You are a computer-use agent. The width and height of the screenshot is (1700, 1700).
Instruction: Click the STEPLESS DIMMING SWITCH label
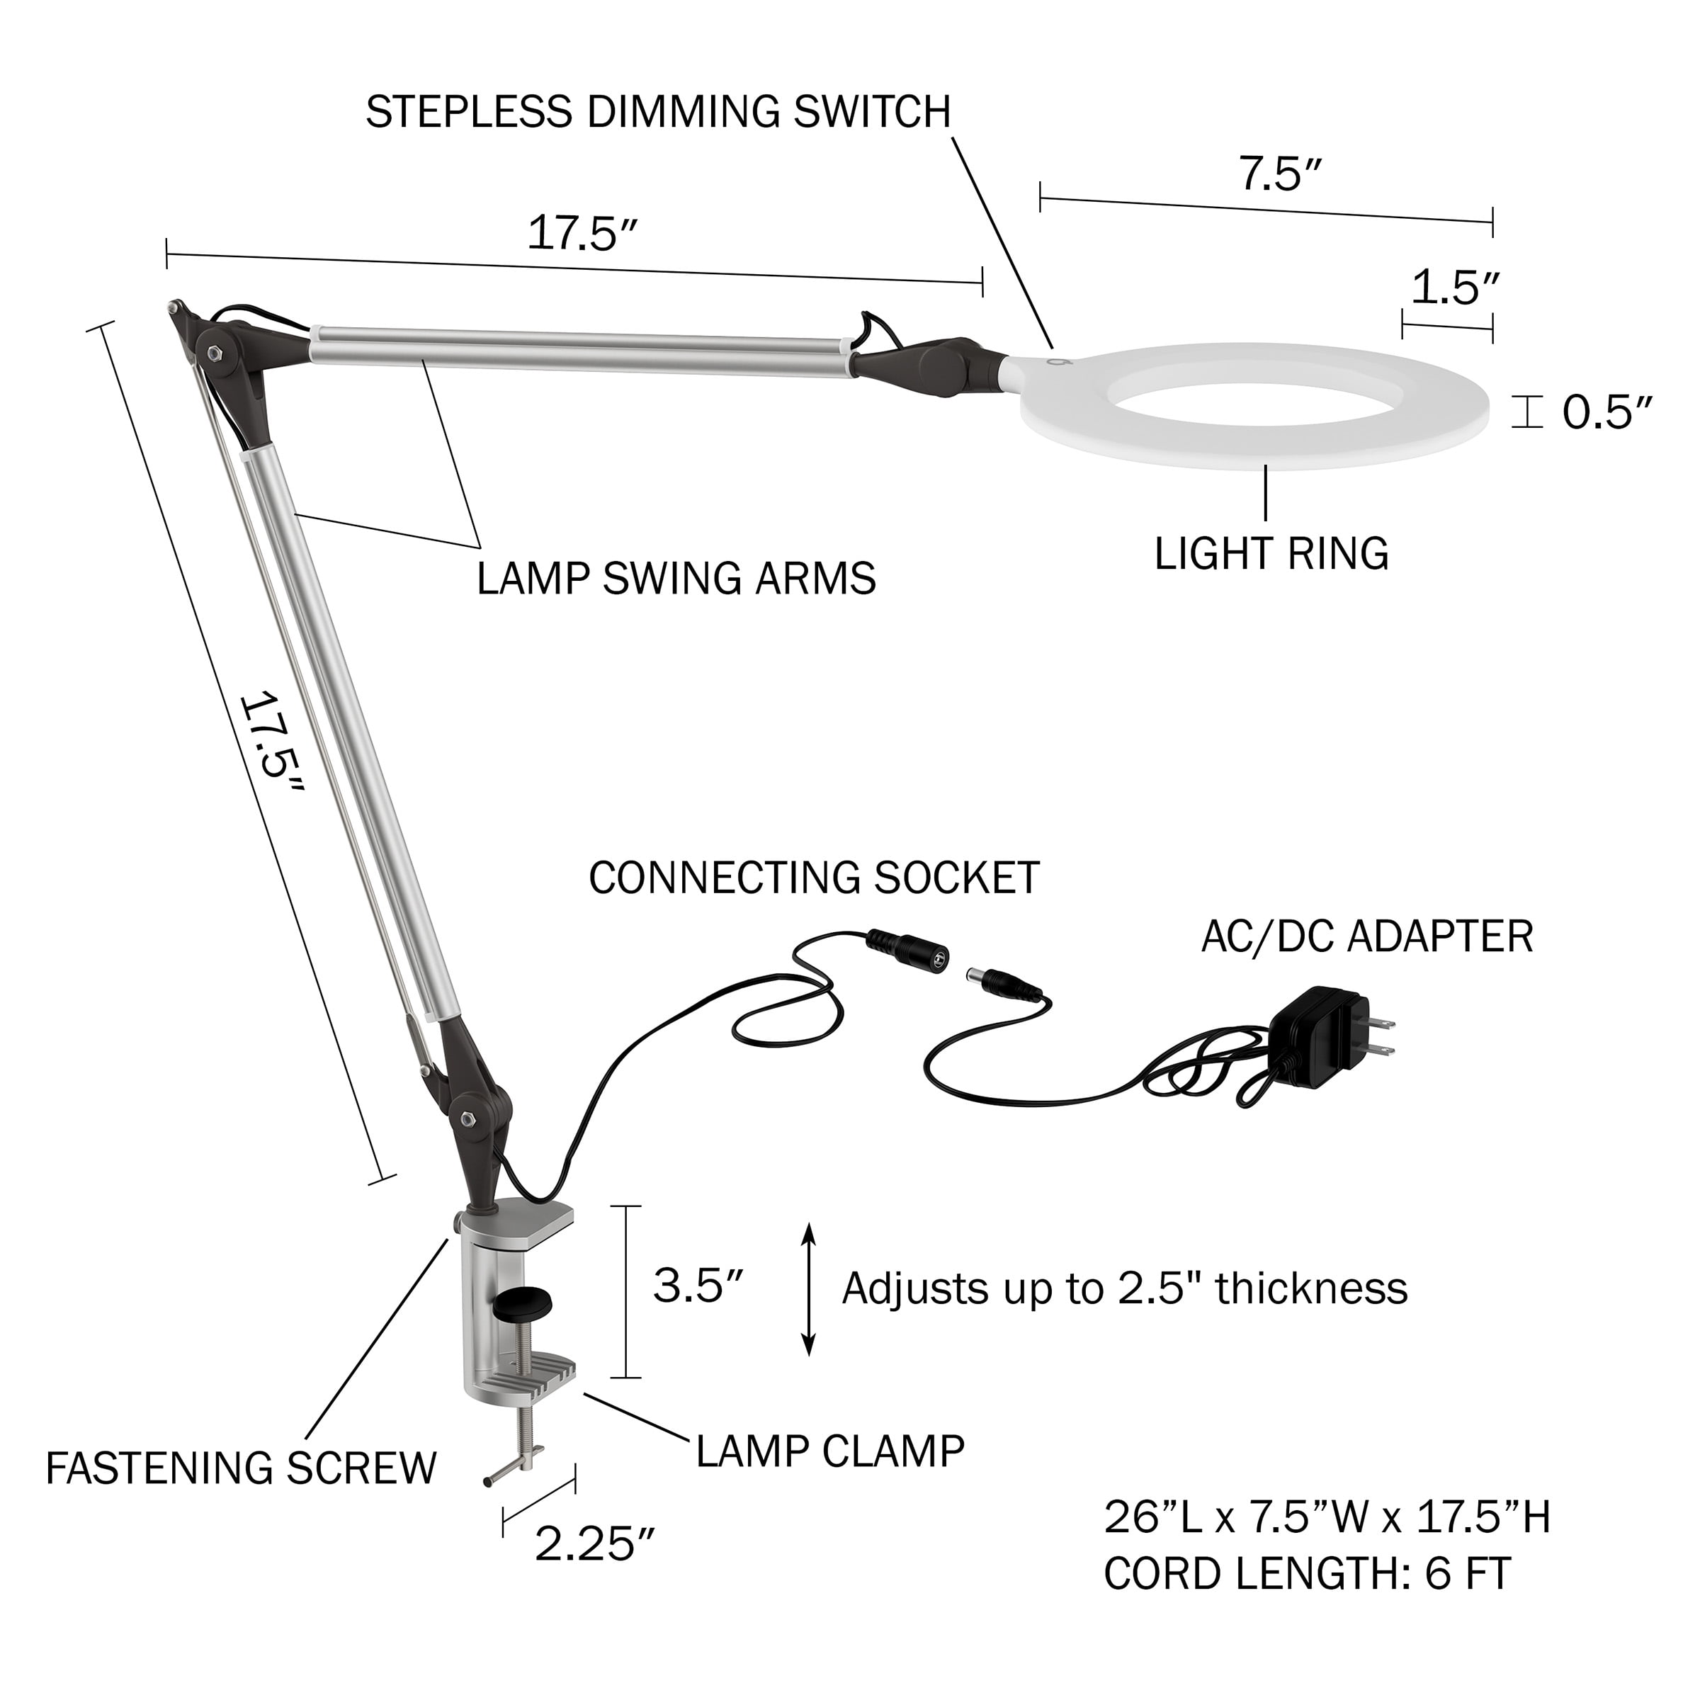point(658,112)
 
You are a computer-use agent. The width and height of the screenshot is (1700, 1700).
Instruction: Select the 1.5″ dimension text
point(1454,288)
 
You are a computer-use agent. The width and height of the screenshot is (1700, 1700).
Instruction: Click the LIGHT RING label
point(1271,553)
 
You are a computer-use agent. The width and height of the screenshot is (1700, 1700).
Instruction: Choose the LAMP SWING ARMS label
point(676,578)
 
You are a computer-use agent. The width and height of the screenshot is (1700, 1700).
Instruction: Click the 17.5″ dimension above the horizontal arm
point(582,234)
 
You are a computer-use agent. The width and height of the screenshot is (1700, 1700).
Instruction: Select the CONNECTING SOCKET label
point(814,878)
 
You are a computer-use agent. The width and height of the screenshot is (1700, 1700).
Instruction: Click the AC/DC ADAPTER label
point(1366,936)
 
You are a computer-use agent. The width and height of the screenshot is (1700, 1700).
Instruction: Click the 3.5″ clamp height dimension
point(698,1286)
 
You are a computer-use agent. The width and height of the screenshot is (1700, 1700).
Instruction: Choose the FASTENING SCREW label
point(241,1468)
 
